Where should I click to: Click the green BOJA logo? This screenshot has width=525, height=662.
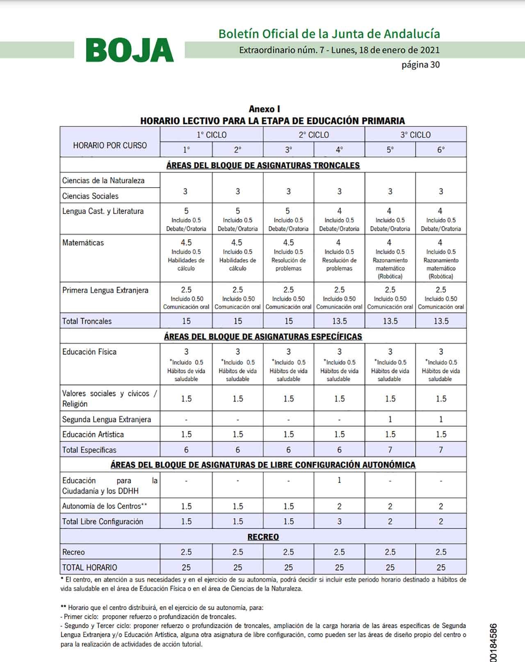point(130,50)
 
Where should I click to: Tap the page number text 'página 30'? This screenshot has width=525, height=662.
point(420,65)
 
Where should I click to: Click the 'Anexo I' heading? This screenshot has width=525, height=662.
point(264,109)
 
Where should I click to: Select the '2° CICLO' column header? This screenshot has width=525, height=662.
point(314,135)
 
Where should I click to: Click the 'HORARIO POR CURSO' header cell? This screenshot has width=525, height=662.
point(110,145)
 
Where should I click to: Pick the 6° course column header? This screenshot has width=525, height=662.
point(441,150)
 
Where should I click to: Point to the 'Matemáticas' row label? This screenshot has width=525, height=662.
point(83,243)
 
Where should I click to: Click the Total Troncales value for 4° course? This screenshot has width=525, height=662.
point(339,321)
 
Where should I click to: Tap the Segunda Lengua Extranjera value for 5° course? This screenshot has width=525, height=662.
point(390,419)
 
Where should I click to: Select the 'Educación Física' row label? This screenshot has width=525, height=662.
point(89,352)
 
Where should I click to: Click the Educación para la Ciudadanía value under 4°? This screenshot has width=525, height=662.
point(339,480)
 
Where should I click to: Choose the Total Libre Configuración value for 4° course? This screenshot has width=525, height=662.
point(339,521)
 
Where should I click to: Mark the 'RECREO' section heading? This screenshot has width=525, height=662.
point(263,537)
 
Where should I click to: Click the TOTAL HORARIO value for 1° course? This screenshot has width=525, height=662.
point(186,567)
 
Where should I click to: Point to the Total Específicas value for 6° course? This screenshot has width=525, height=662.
point(441,450)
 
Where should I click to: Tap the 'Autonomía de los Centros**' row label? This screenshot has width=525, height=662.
point(105,506)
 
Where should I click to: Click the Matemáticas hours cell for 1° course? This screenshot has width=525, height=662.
point(186,243)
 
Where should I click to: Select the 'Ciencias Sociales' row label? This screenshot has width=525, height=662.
point(90,196)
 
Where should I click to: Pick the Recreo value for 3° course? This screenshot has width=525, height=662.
point(288,552)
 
